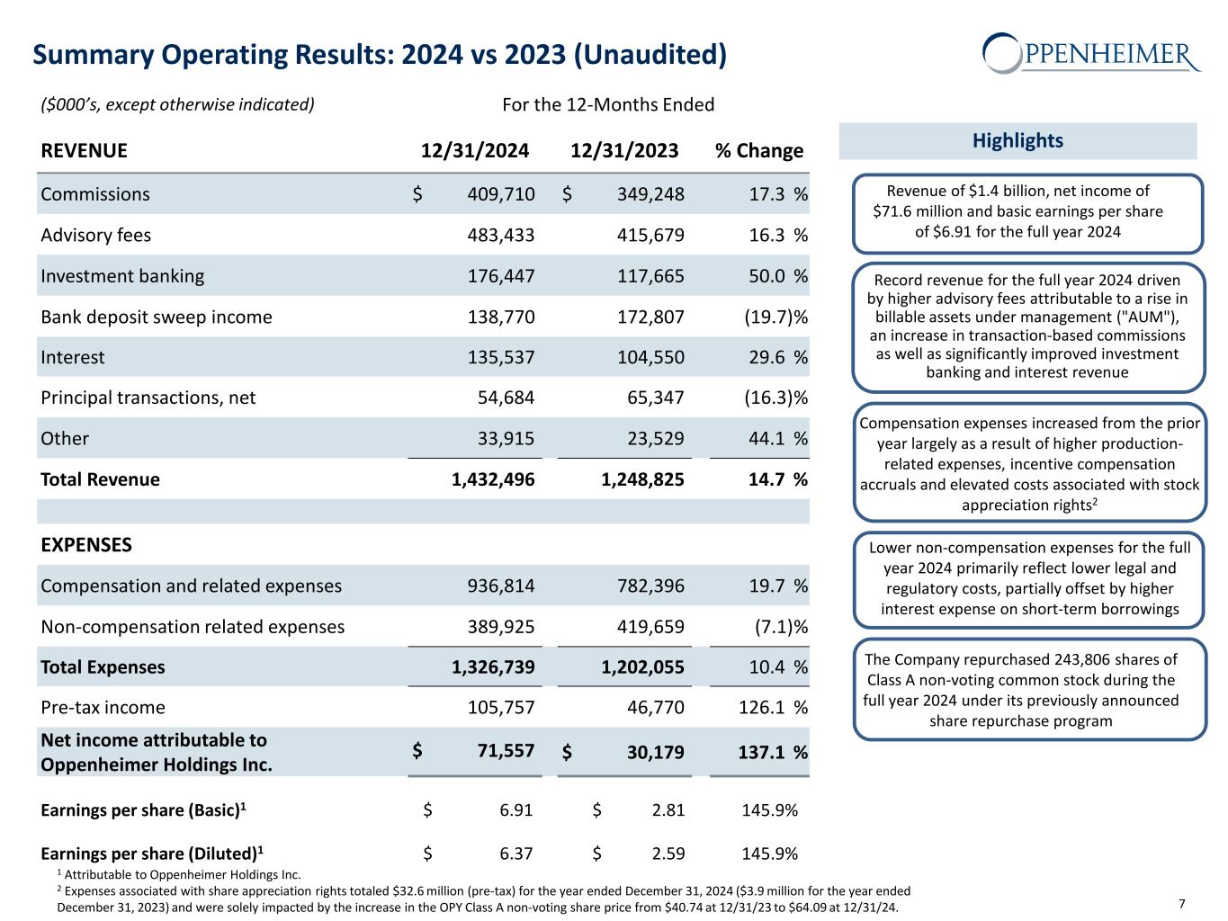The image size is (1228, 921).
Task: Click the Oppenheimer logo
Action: tap(1091, 53)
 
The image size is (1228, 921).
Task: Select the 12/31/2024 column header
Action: tap(475, 150)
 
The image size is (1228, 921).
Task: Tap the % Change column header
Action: tap(758, 150)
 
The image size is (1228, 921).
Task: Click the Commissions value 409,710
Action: tap(500, 194)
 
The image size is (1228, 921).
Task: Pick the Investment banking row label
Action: tap(122, 276)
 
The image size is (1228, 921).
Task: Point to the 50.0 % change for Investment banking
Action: tap(778, 276)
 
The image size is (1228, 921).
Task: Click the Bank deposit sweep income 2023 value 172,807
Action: tap(650, 317)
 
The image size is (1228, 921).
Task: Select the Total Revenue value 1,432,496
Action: tap(492, 479)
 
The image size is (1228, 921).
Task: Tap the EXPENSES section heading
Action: tap(86, 545)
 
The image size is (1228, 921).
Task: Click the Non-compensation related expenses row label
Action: tap(193, 627)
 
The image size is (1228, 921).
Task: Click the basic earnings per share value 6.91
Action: tap(515, 810)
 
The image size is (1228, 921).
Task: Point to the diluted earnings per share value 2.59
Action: tap(667, 854)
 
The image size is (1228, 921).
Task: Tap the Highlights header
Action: tap(1017, 140)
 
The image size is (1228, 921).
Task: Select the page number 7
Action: tap(1181, 904)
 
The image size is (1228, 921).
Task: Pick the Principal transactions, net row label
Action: tap(148, 398)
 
